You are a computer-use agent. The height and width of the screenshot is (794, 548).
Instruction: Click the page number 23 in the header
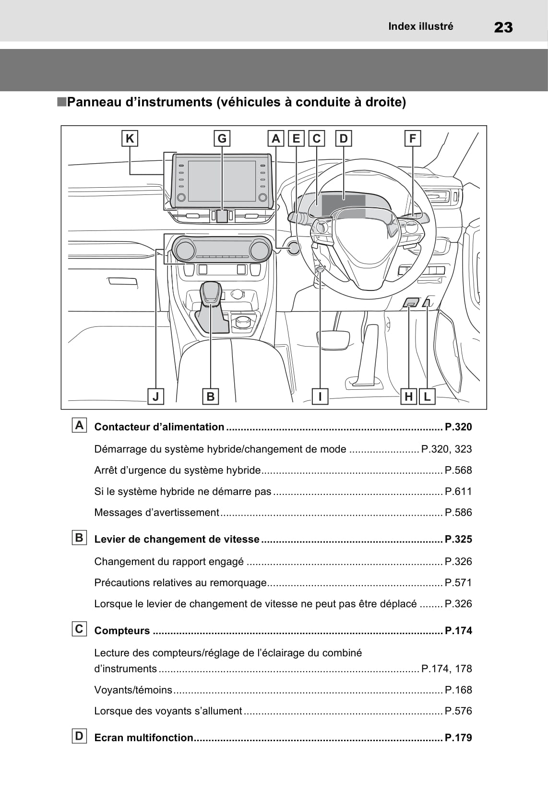(503, 27)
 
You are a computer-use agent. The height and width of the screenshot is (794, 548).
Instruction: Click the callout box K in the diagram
(130, 139)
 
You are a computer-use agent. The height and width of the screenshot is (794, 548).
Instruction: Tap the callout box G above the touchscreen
(222, 139)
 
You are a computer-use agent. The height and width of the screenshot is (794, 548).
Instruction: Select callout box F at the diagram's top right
(413, 139)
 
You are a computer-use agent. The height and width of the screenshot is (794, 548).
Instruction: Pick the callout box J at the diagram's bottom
(155, 397)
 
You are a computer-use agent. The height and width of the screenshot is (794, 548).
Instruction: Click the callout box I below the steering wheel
(320, 397)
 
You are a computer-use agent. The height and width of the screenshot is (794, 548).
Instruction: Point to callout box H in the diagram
(408, 397)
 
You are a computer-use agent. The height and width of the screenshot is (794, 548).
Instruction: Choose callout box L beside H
(427, 397)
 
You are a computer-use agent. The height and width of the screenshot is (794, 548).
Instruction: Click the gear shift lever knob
(210, 293)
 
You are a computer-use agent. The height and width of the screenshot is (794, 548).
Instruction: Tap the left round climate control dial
(185, 250)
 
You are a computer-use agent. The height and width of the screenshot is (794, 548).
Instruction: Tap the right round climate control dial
(259, 250)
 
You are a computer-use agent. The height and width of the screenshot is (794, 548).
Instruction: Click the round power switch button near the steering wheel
(293, 248)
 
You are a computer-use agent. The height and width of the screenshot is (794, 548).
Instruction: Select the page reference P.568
(458, 470)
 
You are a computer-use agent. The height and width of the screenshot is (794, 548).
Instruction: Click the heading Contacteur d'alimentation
(159, 427)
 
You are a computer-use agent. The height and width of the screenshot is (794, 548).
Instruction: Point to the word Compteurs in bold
(122, 631)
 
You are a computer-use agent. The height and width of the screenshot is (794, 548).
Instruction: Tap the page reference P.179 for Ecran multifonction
(458, 738)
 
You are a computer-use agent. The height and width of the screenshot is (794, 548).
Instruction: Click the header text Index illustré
(420, 26)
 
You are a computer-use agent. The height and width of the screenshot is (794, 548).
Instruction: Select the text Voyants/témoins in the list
(133, 690)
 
